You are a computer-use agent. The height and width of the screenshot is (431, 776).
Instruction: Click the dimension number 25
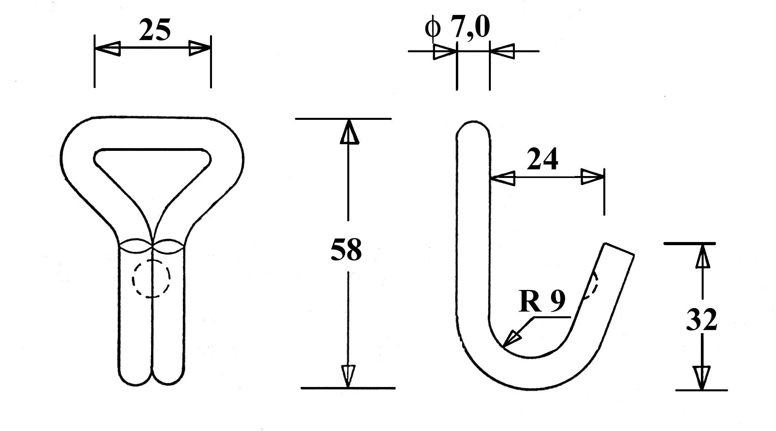[155, 30]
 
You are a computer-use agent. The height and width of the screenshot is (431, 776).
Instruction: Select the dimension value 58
[346, 250]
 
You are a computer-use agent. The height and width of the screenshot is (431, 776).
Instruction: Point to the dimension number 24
[542, 159]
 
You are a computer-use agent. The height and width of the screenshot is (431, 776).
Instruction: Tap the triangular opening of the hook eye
[153, 173]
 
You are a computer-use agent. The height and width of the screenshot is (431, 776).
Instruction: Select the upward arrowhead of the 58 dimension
[348, 132]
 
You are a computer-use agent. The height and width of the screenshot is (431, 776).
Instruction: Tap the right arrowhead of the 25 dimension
[200, 48]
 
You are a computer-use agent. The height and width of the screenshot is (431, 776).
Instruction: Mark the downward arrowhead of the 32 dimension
[702, 378]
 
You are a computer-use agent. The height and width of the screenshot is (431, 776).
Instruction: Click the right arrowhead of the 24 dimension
[593, 177]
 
